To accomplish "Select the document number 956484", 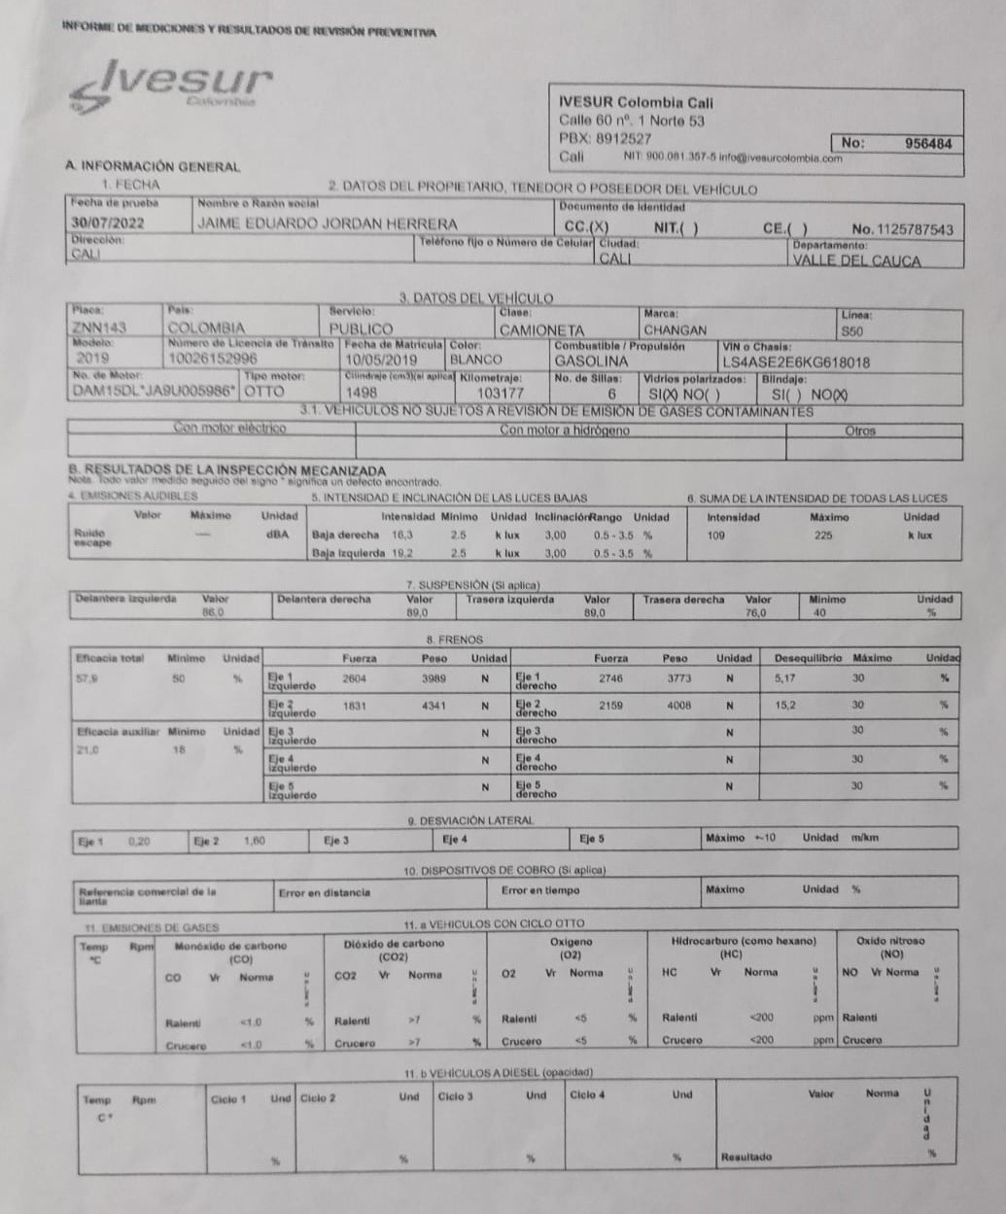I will pyautogui.click(x=928, y=143).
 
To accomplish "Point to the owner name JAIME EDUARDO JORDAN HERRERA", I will pyautogui.click(x=327, y=224).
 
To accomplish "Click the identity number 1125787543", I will pyautogui.click(x=915, y=230).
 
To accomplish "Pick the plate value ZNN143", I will pyautogui.click(x=99, y=329).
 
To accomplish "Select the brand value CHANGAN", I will pyautogui.click(x=675, y=330).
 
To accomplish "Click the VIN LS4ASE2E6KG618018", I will pyautogui.click(x=796, y=363).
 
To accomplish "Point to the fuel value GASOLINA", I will pyautogui.click(x=591, y=362).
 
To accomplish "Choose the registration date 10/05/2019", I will pyautogui.click(x=380, y=361).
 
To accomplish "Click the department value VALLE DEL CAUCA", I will pyautogui.click(x=856, y=260).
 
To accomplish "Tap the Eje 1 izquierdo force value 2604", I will pyautogui.click(x=355, y=678).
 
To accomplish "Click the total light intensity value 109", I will pyautogui.click(x=716, y=535).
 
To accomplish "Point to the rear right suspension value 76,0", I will pyautogui.click(x=755, y=613).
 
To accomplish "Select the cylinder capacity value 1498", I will pyautogui.click(x=361, y=393).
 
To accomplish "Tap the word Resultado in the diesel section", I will pyautogui.click(x=746, y=1157).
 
